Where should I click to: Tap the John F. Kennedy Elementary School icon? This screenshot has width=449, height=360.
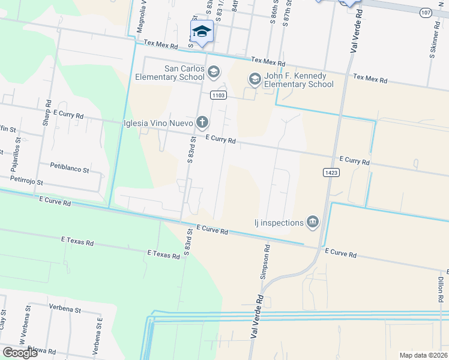click(255, 79)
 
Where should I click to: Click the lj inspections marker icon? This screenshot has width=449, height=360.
click(312, 223)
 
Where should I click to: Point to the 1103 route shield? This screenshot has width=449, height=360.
click(218, 95)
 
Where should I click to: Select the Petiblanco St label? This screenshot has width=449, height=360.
click(70, 169)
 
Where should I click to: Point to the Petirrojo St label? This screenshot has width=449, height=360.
click(26, 181)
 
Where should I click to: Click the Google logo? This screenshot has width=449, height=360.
click(20, 353)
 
